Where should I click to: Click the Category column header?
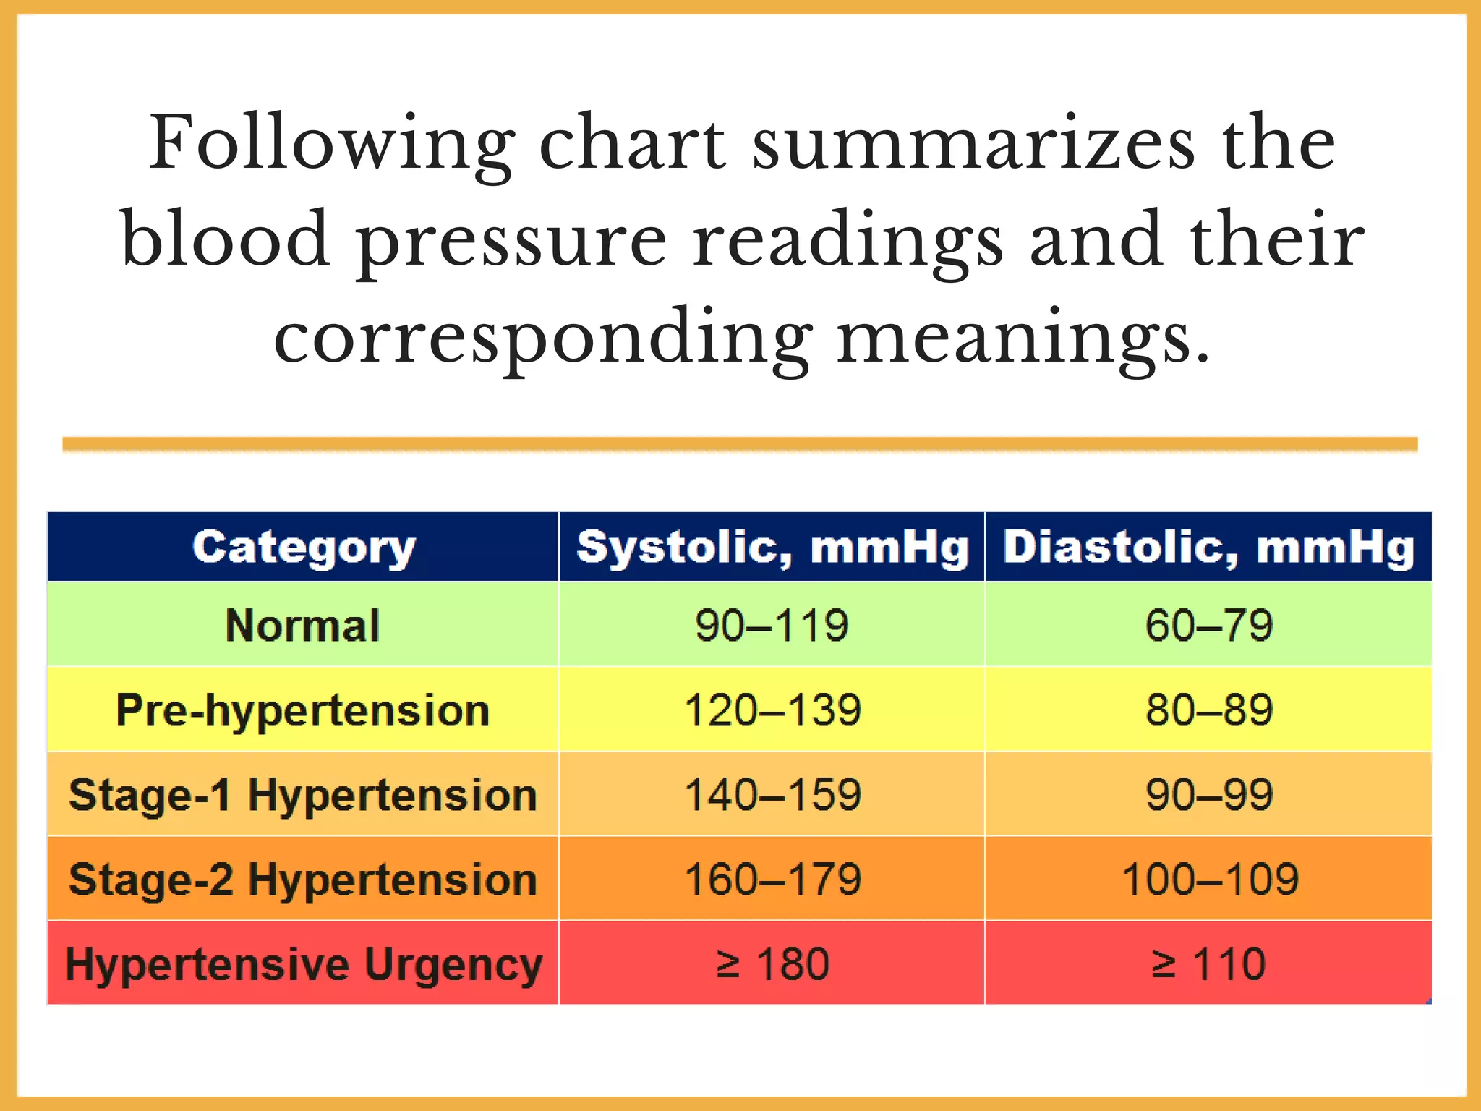tap(303, 548)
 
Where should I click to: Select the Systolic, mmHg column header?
tap(772, 548)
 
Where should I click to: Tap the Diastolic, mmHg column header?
tap(1208, 548)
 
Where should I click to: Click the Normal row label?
tap(303, 625)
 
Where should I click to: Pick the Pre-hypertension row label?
tap(303, 710)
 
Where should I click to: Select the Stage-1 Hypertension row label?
tap(303, 795)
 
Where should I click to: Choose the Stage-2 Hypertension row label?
tap(303, 880)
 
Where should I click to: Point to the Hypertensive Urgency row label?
tap(303, 964)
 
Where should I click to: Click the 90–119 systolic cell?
tap(772, 625)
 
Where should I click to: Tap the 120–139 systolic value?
tap(772, 710)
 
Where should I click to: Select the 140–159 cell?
tap(772, 795)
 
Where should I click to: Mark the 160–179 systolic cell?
tap(772, 880)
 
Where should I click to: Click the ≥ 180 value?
tap(772, 964)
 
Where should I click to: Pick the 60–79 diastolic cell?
tap(1208, 625)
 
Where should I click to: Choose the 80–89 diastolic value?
tap(1208, 710)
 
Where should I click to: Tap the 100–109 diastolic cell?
tap(1208, 880)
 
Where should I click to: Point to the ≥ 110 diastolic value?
tap(1208, 964)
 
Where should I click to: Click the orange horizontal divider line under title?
tap(740, 444)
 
